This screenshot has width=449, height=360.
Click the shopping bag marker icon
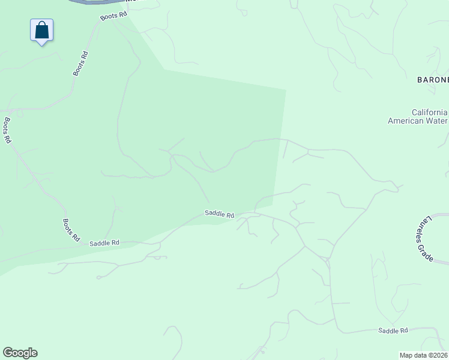coord(42,29)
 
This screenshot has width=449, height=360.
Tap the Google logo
coord(20,353)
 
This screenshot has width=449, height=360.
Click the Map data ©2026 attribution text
coord(424,355)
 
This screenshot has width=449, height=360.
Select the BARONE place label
coord(433,79)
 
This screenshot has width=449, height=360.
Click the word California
coord(429,112)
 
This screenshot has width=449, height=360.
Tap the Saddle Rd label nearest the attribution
coord(393,331)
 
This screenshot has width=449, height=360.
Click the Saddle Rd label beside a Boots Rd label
coord(104,243)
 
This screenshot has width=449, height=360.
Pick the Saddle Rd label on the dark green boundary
coord(219,214)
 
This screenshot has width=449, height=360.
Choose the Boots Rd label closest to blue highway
coord(114,14)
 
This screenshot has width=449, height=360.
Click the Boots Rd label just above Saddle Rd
coord(71,230)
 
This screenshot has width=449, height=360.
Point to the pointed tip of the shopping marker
coord(42,45)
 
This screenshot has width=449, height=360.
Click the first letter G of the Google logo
coord(8,353)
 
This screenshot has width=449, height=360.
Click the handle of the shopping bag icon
coord(42,24)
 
